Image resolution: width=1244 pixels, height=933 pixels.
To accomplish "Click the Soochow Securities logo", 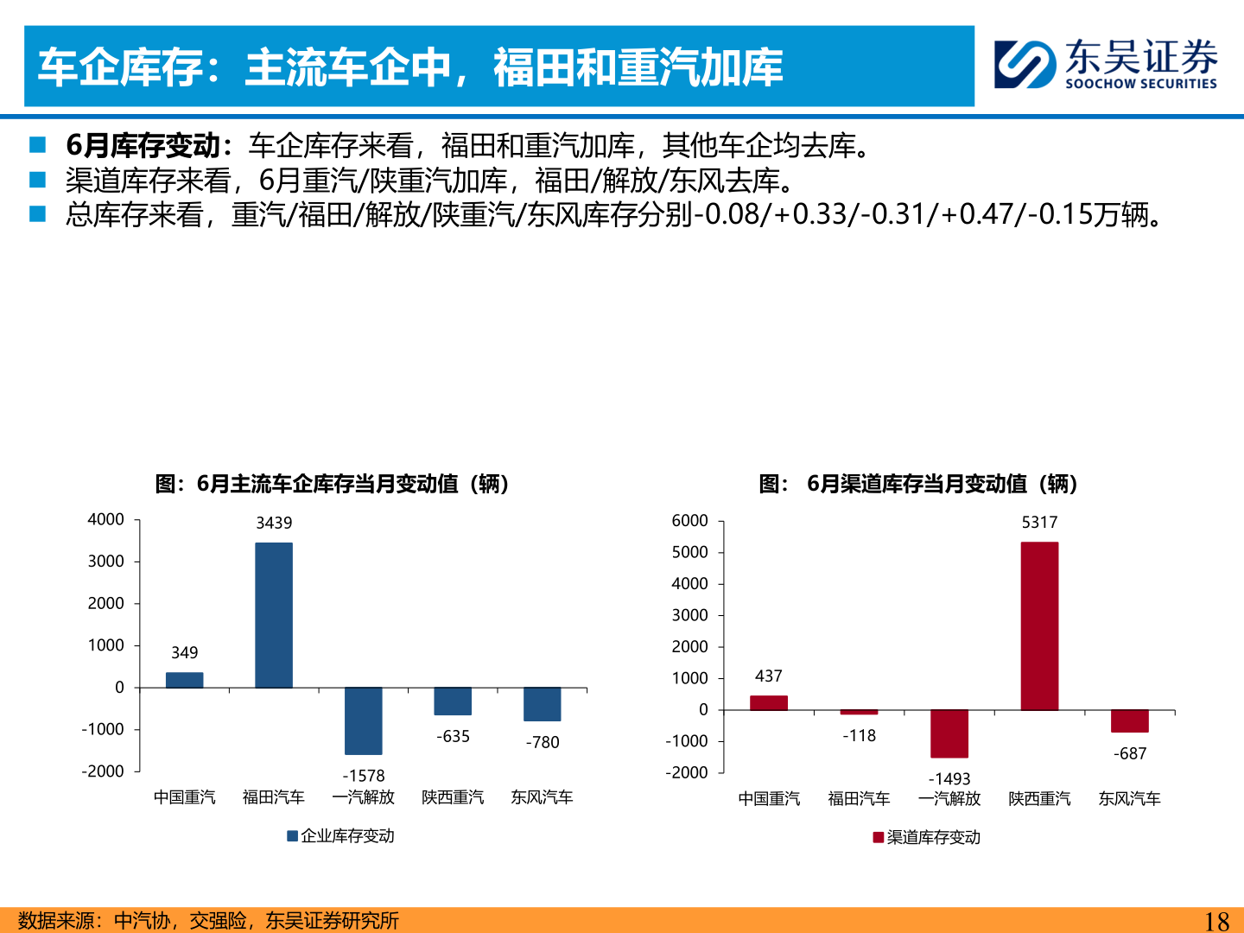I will tap(1106, 64).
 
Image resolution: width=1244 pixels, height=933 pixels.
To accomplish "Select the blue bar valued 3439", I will tap(274, 615).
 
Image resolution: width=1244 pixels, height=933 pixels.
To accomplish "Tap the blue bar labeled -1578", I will tap(363, 721).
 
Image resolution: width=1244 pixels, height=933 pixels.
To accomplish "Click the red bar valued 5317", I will tap(1039, 626).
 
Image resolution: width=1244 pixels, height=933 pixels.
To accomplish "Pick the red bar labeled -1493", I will tap(949, 733).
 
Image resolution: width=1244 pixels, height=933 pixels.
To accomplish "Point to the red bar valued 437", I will tap(769, 702).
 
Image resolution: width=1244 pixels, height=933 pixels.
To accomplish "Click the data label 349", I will tap(184, 653).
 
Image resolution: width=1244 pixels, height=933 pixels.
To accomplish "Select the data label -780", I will tap(543, 742).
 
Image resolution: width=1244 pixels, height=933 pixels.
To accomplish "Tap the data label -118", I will tap(860, 736).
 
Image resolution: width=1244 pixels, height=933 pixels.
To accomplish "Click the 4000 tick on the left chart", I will tap(106, 519).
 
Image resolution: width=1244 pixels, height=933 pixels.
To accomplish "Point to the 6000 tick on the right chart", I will tap(690, 521).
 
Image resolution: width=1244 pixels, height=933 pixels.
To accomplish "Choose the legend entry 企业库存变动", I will tap(341, 836).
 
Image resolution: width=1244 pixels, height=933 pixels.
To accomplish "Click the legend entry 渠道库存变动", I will tap(927, 838).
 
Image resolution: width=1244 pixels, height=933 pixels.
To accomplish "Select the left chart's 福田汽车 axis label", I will tap(274, 797).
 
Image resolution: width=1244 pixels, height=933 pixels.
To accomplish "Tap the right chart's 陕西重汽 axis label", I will tap(1039, 799).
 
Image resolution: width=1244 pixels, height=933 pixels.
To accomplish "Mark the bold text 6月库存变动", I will tap(143, 145).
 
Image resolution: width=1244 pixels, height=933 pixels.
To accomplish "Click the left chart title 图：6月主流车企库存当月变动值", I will tap(333, 484).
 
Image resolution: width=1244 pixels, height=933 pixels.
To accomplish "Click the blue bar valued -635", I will tap(453, 701).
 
